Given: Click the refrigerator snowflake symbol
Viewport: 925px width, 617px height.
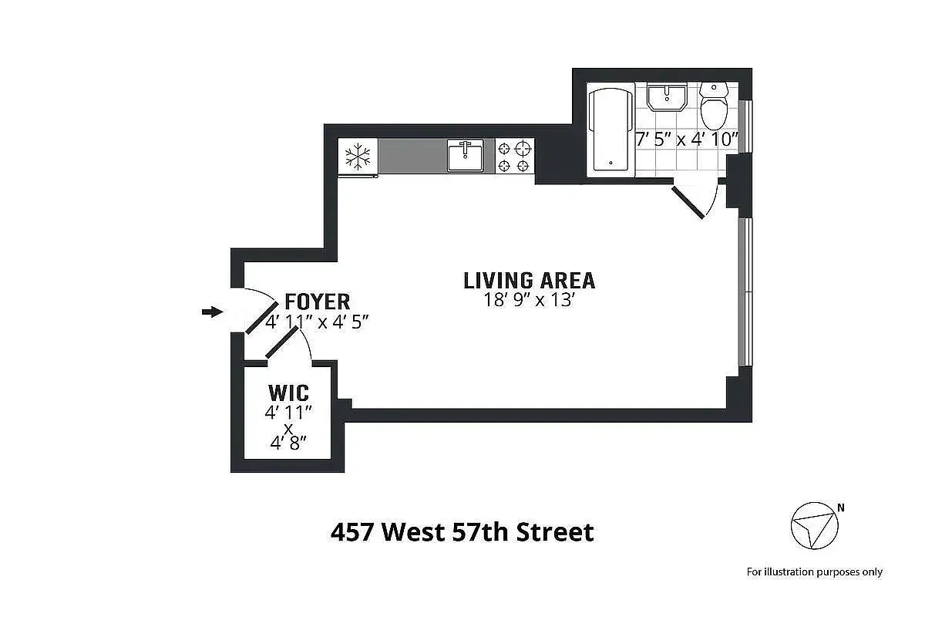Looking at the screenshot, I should pos(358,157).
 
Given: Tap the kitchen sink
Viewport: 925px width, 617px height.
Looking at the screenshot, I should pos(466,156).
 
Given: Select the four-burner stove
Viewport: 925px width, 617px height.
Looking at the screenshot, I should pos(514,156).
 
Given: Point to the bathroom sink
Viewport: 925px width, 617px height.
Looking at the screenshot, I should pos(667,98).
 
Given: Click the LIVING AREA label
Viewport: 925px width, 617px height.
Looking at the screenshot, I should pos(529,280).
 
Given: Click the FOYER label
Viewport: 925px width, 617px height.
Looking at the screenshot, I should pos(317,301).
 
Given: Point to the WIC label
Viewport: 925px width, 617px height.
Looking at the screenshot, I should pos(288,393).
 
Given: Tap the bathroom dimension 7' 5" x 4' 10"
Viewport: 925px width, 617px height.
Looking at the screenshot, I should pos(687,140).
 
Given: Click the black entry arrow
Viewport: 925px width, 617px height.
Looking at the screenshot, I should pos(211,312).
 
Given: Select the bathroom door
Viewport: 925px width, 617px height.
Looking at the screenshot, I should pos(689,201).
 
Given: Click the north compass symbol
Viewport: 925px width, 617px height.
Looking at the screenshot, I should pos(813,526).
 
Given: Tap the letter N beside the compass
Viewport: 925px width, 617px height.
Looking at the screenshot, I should pos(841,507).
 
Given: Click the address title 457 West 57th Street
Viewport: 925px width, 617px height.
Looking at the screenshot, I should pos(462,532).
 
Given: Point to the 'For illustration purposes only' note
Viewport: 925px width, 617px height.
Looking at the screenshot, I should pos(814,571).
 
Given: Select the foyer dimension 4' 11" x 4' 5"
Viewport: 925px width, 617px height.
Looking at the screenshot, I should pos(318,322).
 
